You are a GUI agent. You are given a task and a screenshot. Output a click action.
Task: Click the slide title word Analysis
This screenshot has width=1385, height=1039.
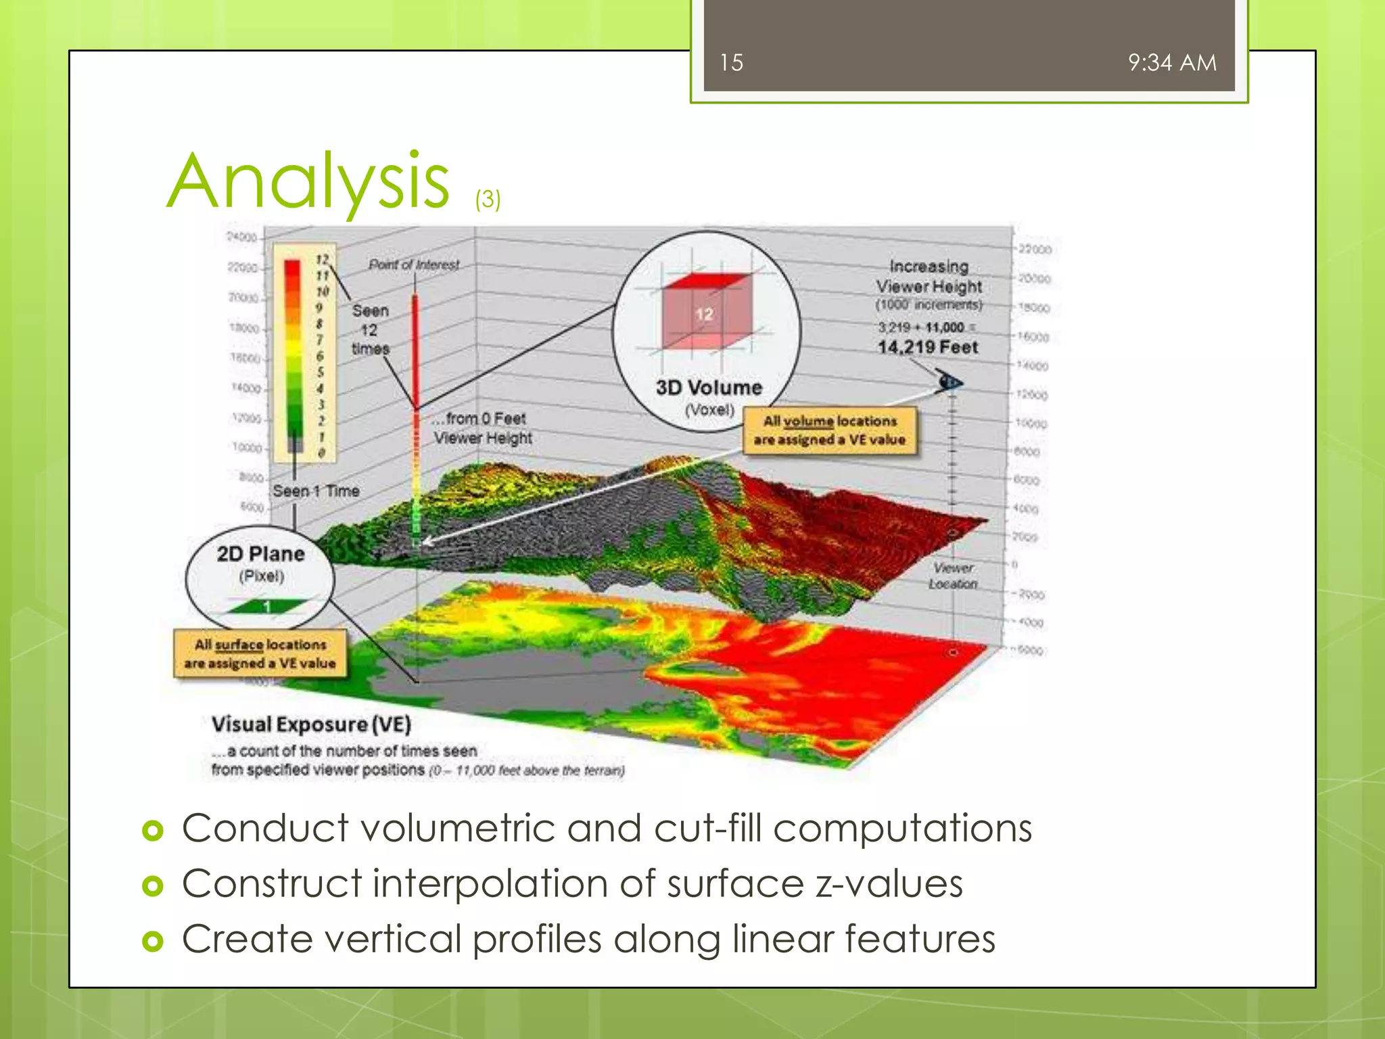point(308,181)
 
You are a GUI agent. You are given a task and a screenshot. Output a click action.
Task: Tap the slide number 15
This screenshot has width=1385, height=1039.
point(731,63)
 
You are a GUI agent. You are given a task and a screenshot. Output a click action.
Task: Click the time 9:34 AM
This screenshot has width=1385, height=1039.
point(1171,63)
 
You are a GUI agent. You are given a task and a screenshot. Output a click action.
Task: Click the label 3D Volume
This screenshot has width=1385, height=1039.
point(708,388)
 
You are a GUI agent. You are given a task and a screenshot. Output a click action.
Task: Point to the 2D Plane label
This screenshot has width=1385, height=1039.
point(260,554)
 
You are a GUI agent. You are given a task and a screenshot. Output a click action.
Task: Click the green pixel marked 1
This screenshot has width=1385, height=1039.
point(267,606)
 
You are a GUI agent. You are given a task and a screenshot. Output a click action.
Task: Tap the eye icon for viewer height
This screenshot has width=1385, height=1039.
point(949,383)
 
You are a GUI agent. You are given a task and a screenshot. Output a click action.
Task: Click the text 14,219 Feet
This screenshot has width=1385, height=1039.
point(927,348)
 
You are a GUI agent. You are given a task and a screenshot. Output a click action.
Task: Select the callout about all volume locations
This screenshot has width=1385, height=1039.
point(830,430)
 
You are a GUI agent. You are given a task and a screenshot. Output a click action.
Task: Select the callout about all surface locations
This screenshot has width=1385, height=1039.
point(260,653)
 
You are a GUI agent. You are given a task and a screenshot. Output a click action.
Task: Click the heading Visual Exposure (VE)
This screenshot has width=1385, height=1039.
point(311,724)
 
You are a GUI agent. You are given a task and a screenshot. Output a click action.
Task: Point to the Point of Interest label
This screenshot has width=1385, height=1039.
point(413,264)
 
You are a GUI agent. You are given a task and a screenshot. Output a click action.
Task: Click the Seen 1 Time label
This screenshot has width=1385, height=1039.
point(316,491)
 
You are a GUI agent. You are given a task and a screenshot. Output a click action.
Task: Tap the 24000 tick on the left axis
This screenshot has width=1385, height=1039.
point(241,237)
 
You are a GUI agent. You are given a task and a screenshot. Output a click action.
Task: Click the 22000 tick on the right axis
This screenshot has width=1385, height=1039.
point(1035,250)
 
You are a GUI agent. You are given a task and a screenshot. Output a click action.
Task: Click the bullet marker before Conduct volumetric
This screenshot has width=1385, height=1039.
point(154,830)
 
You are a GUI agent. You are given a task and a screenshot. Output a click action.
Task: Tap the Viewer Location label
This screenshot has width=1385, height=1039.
point(953,576)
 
